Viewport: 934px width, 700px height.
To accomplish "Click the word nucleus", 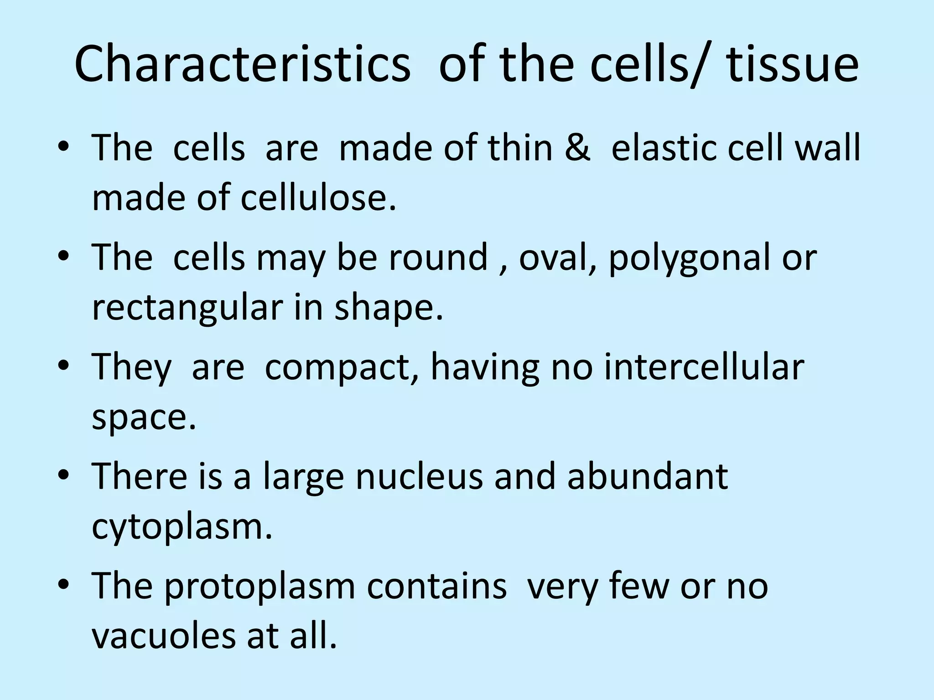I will [x=419, y=476].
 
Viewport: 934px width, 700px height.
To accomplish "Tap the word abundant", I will [x=647, y=476].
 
